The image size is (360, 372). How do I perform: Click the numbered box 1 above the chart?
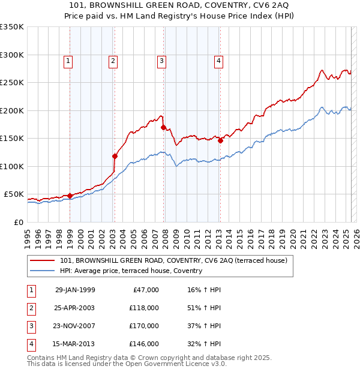(68, 60)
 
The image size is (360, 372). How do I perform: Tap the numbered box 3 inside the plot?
(161, 60)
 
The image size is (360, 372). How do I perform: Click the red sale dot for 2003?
(115, 156)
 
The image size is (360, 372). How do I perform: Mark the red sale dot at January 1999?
(70, 196)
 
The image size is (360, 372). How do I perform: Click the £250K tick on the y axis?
(12, 83)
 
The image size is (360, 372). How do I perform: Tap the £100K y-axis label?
(12, 166)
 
